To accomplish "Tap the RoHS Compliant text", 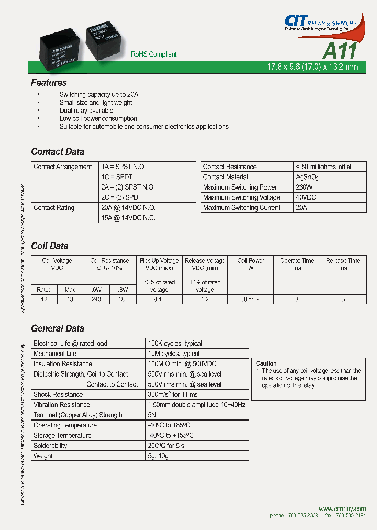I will tap(153, 54).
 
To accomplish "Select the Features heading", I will tap(49, 83).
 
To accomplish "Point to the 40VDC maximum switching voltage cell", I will tap(306, 197).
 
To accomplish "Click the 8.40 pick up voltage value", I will tap(159, 300).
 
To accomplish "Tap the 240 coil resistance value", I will tap(96, 300).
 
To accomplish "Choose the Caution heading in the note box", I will tap(267, 363).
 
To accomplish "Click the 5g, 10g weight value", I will tap(158, 456).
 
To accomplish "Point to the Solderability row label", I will tap(50, 446).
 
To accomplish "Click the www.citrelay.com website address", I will tap(342, 509).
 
